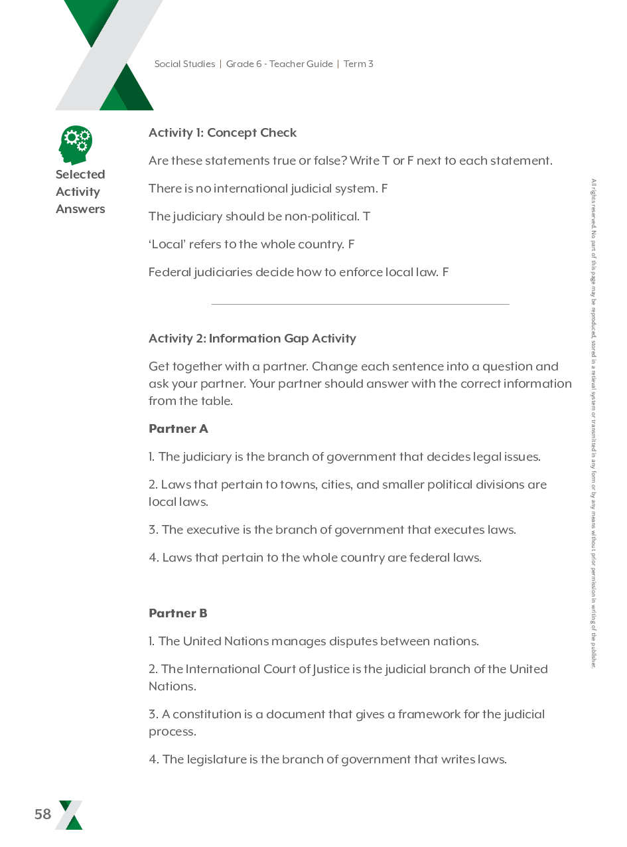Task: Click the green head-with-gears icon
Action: click(74, 145)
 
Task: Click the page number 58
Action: click(43, 814)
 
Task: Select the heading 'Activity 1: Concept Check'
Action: click(222, 133)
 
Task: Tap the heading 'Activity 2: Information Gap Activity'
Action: click(252, 339)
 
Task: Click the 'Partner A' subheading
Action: click(178, 429)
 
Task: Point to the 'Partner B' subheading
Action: click(178, 613)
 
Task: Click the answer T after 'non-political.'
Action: click(367, 216)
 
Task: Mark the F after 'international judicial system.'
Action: click(384, 189)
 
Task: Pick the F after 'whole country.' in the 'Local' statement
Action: click(351, 244)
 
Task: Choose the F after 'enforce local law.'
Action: click(446, 272)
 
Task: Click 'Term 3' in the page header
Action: click(358, 64)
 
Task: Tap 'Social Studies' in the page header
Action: click(184, 64)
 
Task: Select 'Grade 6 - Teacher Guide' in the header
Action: click(279, 64)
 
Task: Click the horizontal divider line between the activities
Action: click(360, 304)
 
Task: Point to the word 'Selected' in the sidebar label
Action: click(80, 175)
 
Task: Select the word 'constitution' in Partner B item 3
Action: click(206, 714)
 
